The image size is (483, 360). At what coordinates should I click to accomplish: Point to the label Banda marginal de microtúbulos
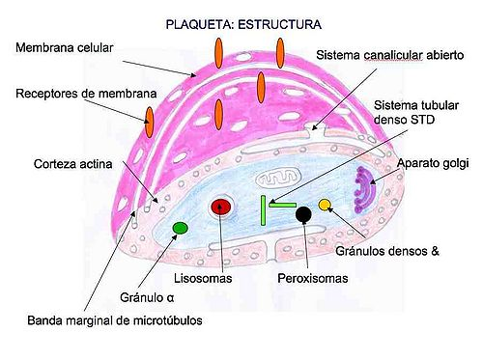(x=114, y=320)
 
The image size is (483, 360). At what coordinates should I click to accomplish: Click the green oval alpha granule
(x=180, y=228)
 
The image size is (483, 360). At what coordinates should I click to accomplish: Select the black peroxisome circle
(x=303, y=214)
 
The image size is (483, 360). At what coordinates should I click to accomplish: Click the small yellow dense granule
(x=326, y=204)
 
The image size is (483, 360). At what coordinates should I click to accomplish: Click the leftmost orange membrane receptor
(x=150, y=120)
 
